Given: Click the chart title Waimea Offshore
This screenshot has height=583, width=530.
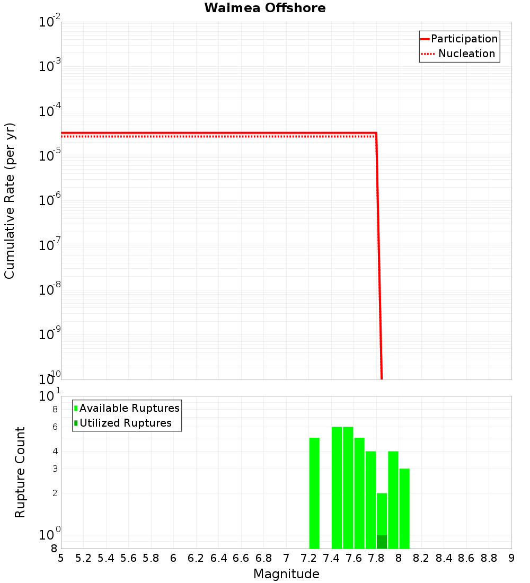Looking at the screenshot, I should click(x=265, y=8).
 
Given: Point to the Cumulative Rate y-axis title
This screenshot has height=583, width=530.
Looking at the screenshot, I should click(x=10, y=201).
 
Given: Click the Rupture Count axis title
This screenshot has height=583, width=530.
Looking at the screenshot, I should click(x=20, y=472).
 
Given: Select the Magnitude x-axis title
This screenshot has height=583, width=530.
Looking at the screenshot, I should click(x=286, y=574).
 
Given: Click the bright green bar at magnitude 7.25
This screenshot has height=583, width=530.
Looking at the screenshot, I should click(x=314, y=493).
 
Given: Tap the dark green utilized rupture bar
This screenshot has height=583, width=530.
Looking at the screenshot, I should click(x=382, y=542).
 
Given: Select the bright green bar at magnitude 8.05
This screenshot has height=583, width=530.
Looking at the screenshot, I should click(x=404, y=508).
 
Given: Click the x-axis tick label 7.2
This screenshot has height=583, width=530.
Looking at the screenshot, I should click(x=308, y=558).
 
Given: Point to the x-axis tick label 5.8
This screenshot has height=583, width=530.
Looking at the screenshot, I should click(x=151, y=558).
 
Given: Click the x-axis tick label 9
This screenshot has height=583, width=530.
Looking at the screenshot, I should click(x=511, y=558).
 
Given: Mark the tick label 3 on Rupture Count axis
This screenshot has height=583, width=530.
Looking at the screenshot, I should click(x=55, y=469).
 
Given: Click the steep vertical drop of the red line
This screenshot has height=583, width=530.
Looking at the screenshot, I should click(x=379, y=254).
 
